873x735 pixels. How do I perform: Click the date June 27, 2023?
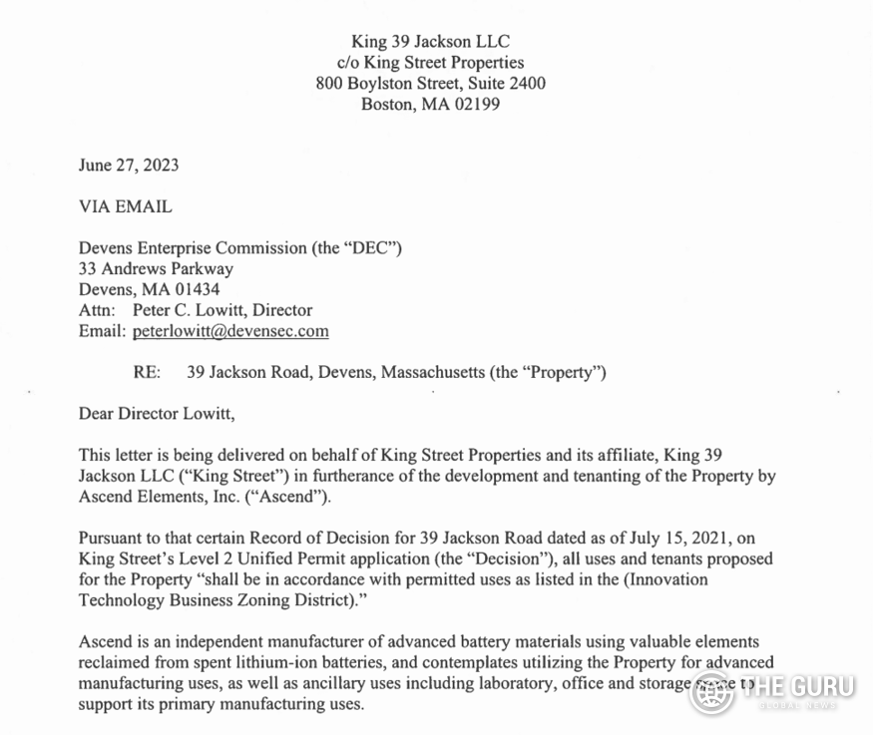coord(129,166)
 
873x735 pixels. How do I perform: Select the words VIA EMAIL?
coord(125,207)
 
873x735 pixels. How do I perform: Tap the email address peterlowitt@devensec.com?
coord(230,331)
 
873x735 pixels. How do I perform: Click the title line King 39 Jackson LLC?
coord(430,42)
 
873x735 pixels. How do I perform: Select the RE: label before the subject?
coord(147,373)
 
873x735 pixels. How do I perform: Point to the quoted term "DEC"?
coord(370,248)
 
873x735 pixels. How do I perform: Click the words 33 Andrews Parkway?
coord(156,269)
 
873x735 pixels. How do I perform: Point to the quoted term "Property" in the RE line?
coord(563,373)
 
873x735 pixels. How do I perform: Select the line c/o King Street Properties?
coord(430,63)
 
